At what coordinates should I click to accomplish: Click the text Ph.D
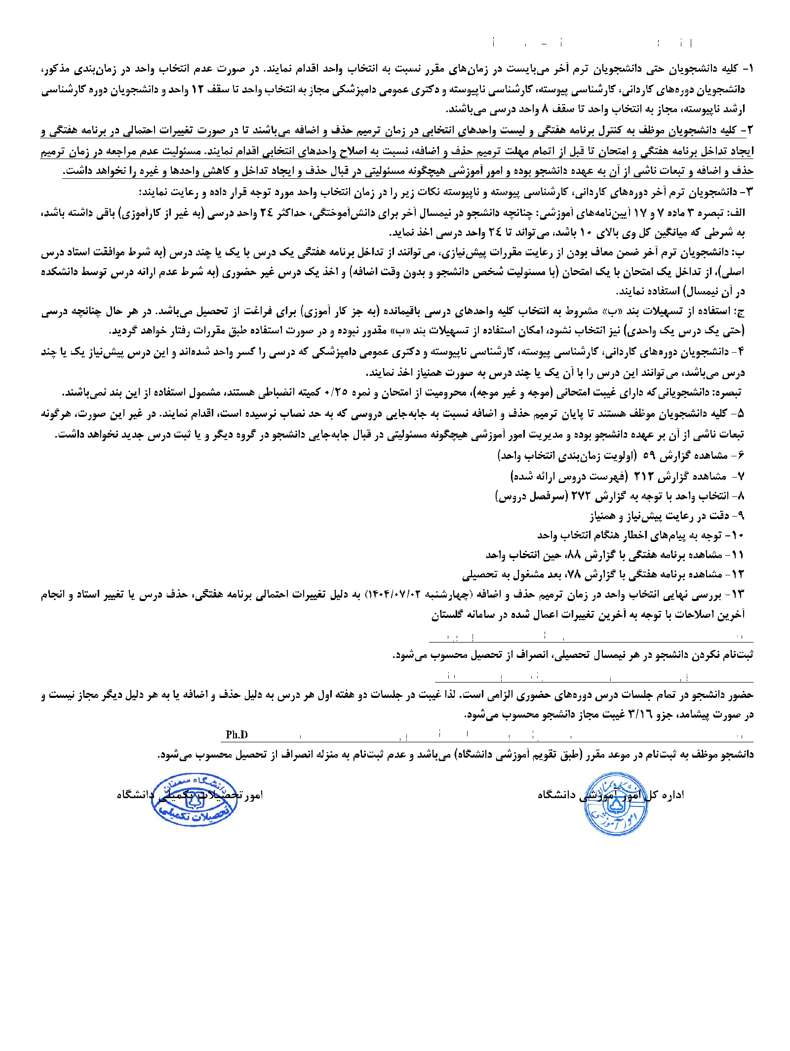click(237, 734)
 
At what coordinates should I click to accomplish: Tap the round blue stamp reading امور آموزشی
click(614, 804)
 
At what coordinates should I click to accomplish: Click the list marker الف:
click(737, 212)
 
